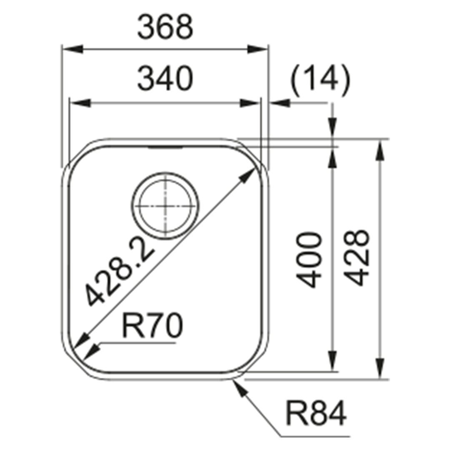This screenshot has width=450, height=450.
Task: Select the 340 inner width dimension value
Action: [165, 78]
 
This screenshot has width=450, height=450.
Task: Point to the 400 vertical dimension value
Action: [308, 260]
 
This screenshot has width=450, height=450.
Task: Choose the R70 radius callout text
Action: [152, 325]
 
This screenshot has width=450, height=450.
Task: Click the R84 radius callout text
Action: [316, 414]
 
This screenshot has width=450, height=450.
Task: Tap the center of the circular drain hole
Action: [165, 206]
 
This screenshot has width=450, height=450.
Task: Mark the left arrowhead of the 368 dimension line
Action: [73, 49]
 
